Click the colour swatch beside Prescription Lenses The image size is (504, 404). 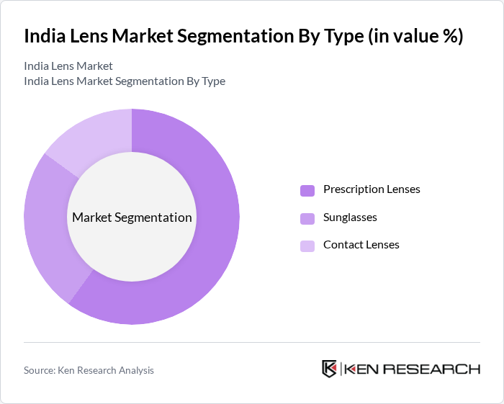pyautogui.click(x=307, y=190)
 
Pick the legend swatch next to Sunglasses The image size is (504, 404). pyautogui.click(x=307, y=218)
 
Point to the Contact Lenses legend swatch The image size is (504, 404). pyautogui.click(x=307, y=246)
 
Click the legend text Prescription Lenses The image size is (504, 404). pyautogui.click(x=372, y=189)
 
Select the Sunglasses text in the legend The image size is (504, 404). pyautogui.click(x=350, y=217)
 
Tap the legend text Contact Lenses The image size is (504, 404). pyautogui.click(x=361, y=245)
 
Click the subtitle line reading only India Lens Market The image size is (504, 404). pyautogui.click(x=68, y=66)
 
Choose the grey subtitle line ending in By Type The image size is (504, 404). pyautogui.click(x=125, y=81)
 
